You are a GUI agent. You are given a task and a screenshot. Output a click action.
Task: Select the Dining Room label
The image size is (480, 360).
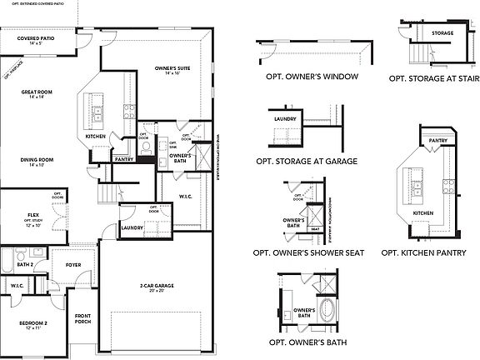37,162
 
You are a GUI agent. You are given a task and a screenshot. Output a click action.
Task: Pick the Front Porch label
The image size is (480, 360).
82,318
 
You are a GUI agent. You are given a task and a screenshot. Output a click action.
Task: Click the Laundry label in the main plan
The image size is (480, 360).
132,227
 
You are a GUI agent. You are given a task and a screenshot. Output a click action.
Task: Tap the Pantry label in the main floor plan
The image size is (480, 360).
124,158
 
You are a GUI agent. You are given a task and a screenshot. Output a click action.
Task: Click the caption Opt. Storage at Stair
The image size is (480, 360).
432,77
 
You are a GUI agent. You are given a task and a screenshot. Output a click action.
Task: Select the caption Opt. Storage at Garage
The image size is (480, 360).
307,161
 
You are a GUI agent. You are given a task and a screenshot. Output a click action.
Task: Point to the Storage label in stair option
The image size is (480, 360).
442,33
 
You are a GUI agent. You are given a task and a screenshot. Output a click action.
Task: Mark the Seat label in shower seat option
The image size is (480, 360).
315,228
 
